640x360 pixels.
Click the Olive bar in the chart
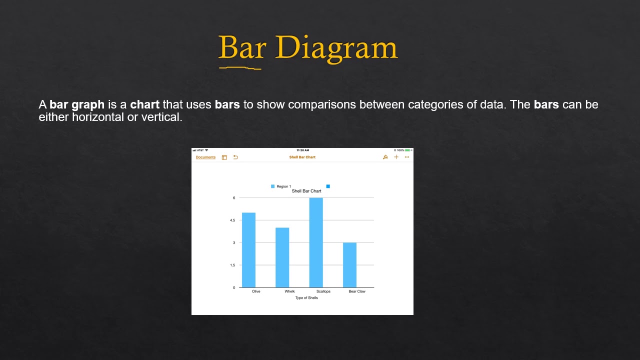tap(248, 250)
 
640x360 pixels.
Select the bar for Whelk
tap(282, 257)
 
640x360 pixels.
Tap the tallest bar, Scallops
tap(316, 242)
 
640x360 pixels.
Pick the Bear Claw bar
tap(349, 265)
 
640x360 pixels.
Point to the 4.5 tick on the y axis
tap(232, 220)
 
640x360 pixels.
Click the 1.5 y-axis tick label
tap(232, 265)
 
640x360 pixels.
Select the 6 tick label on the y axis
tap(233, 198)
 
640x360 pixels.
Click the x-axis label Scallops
tap(323, 291)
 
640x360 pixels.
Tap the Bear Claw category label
tap(357, 291)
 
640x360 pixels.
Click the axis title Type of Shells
tap(306, 298)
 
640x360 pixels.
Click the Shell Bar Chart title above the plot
tap(306, 191)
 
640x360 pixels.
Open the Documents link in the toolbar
tap(205, 157)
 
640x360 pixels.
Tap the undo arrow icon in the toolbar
tap(235, 157)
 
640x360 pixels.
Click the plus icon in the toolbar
tap(396, 157)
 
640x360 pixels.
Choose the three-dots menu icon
tap(407, 157)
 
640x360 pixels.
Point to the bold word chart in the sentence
tap(144, 105)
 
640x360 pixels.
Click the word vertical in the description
tap(163, 117)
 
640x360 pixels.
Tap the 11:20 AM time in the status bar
tap(302, 150)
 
